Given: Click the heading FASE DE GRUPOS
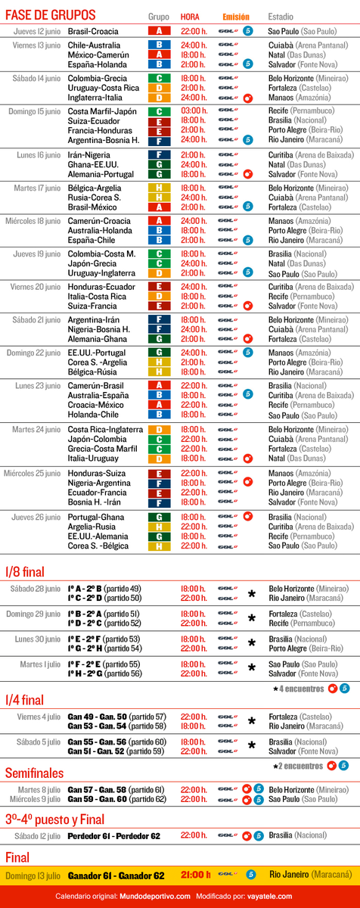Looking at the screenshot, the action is [51, 15].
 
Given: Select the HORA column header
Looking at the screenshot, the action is [190, 16].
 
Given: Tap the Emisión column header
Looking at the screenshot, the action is [235, 16].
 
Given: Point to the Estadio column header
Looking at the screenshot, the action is [281, 16].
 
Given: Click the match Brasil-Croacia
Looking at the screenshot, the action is [93, 31].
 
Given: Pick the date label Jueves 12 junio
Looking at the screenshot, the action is [38, 31].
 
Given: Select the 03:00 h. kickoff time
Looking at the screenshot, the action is [194, 111].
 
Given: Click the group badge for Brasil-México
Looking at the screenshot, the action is [159, 207].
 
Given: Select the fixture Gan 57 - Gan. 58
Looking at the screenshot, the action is [98, 789].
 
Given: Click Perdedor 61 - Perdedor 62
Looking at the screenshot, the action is [113, 836].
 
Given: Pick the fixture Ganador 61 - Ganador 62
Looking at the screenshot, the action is [116, 875].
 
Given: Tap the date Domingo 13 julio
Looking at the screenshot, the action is [33, 875].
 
